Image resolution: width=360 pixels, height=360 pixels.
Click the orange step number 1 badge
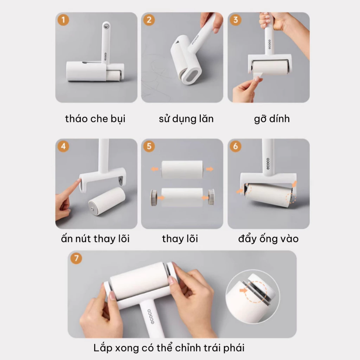click(x=63, y=20)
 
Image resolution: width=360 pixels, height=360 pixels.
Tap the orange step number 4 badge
click(x=63, y=146)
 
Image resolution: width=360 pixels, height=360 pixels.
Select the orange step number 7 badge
click(x=76, y=258)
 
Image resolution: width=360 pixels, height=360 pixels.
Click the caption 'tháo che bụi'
click(x=95, y=119)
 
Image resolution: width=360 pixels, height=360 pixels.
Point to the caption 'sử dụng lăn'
click(x=186, y=119)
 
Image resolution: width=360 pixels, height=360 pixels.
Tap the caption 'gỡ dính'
click(x=272, y=119)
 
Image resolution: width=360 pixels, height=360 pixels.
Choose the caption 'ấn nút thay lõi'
click(x=95, y=238)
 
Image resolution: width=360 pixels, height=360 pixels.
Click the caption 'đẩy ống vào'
click(x=268, y=239)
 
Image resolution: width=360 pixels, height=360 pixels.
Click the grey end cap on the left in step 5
click(x=154, y=198)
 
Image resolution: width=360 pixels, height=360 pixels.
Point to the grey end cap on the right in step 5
click(x=211, y=197)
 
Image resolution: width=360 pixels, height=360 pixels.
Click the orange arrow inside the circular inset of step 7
click(x=243, y=291)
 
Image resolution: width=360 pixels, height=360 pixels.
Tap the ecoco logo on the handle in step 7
click(x=150, y=317)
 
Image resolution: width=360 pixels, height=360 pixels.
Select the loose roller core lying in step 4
click(x=107, y=201)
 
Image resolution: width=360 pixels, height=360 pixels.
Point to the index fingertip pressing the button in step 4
click(x=79, y=181)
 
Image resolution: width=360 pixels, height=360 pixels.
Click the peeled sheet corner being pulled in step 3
click(x=258, y=76)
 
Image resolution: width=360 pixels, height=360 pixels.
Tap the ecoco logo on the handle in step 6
click(x=268, y=164)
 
